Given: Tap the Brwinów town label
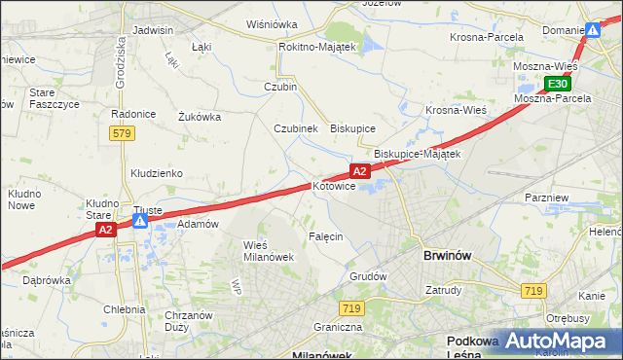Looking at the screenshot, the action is tap(448, 255).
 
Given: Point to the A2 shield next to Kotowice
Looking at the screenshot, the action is tap(359, 171).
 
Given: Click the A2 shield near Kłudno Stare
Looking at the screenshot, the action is tap(106, 230).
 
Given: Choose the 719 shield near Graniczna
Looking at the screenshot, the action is tap(352, 308).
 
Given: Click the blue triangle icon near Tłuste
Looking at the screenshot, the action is tap(140, 222).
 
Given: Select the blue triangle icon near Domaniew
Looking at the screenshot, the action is tap(592, 31).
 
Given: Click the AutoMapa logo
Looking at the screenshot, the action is tap(549, 340).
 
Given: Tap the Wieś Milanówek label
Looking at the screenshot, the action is tap(268, 250).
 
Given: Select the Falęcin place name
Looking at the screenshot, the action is tap(326, 237).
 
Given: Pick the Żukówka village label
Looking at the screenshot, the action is tap(200, 117).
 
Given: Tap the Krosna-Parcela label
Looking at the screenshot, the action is tap(487, 37).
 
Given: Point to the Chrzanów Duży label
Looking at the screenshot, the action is tap(190, 321).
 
